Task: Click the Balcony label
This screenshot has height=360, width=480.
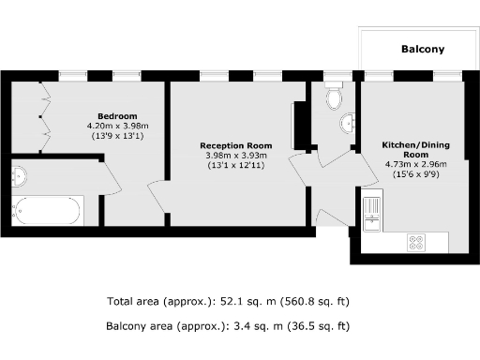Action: pyautogui.click(x=422, y=50)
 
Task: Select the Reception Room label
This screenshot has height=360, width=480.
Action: pyautogui.click(x=235, y=145)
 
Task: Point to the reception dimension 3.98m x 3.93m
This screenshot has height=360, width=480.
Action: pyautogui.click(x=235, y=156)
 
